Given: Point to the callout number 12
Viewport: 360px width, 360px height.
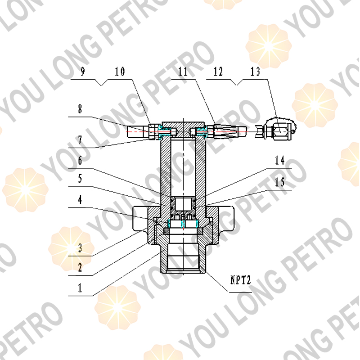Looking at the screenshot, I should [218, 72].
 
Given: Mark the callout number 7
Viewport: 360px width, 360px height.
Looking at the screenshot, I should [80, 140].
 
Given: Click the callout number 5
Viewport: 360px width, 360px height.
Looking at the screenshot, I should [80, 179].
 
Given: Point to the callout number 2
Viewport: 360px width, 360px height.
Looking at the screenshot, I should [80, 267].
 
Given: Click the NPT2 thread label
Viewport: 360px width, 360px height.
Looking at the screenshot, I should [238, 281].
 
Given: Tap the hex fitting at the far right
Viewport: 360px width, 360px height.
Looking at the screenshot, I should [277, 130].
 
